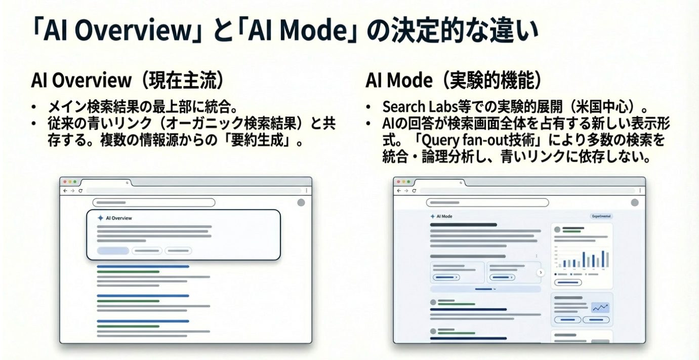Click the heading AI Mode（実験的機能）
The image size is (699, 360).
(x=454, y=81)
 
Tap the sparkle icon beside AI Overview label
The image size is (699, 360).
(x=100, y=218)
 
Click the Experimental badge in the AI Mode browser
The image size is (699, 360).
(x=601, y=216)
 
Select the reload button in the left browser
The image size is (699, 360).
(x=80, y=190)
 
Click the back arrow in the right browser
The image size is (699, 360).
(x=399, y=190)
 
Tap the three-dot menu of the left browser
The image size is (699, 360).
(x=306, y=190)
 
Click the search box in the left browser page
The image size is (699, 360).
(x=154, y=203)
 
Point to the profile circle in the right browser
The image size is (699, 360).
(x=635, y=203)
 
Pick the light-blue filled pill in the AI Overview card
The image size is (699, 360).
(x=113, y=250)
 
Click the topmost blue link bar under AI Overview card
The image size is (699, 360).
(x=143, y=266)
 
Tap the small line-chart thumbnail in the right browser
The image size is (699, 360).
(x=600, y=307)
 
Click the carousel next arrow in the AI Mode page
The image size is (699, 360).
(x=540, y=272)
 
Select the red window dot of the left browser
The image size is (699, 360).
(x=64, y=181)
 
